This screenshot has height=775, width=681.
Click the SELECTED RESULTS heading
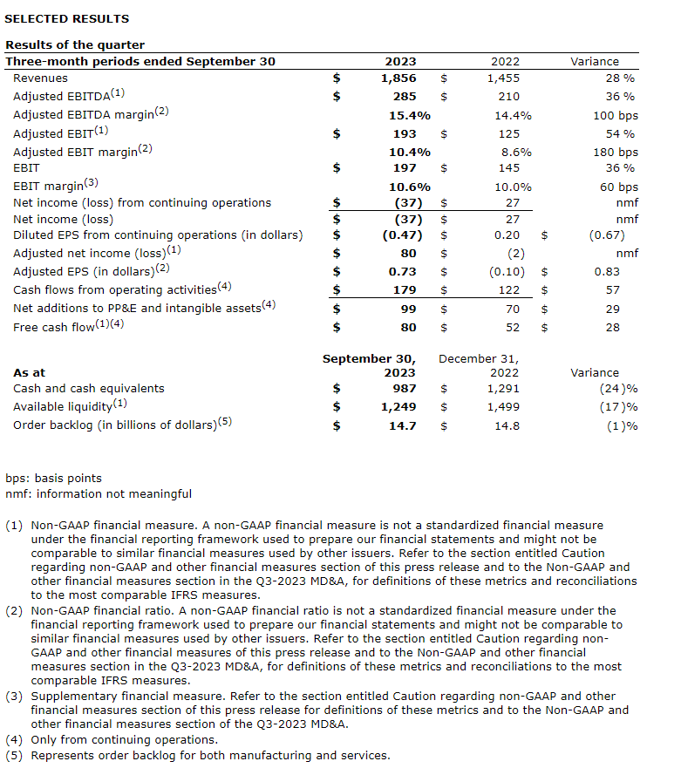click(x=66, y=18)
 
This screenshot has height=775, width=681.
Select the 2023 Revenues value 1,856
click(x=399, y=78)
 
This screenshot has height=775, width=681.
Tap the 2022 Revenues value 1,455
click(x=503, y=78)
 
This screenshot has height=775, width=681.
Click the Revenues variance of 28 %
click(x=621, y=78)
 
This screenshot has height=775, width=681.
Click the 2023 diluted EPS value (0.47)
click(x=402, y=235)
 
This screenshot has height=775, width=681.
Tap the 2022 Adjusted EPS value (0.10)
click(x=501, y=271)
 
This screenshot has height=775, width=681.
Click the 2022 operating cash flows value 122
click(x=508, y=289)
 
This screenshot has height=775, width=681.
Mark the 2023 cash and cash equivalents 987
click(x=404, y=388)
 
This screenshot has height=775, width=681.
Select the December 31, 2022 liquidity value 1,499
click(x=503, y=406)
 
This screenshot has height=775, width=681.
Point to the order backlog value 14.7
click(x=402, y=425)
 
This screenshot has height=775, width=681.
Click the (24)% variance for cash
click(x=618, y=388)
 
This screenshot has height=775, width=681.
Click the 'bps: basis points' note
click(x=53, y=478)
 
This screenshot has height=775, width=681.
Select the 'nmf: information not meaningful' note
click(x=99, y=494)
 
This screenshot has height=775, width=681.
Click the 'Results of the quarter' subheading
click(x=75, y=44)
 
